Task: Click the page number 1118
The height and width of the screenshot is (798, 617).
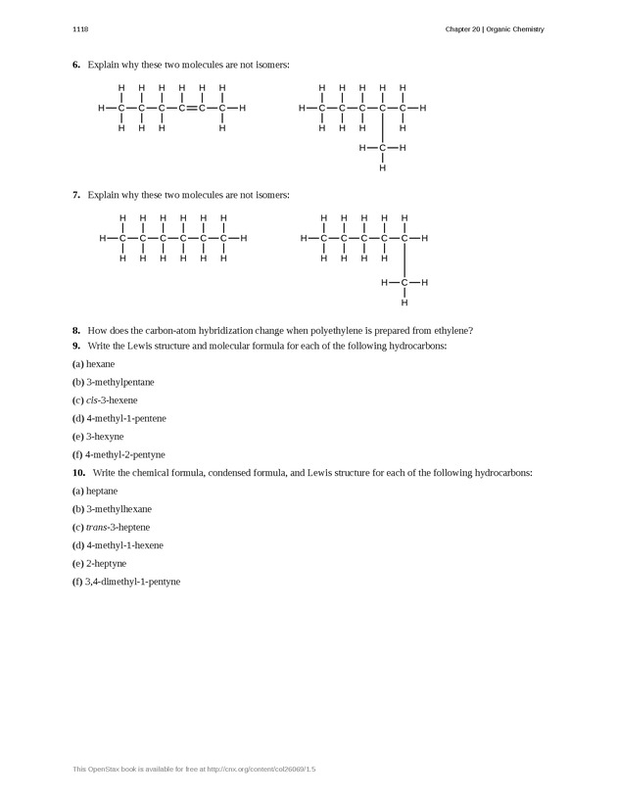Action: coord(80,29)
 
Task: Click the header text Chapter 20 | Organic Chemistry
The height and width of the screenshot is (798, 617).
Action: coord(494,29)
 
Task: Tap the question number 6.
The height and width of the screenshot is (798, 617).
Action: coord(75,65)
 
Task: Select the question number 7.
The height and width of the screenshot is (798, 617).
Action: coord(75,195)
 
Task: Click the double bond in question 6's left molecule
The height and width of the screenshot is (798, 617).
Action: coord(192,108)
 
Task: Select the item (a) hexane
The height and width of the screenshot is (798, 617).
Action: coord(94,363)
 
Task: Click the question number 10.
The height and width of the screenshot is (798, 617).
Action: coord(77,473)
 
